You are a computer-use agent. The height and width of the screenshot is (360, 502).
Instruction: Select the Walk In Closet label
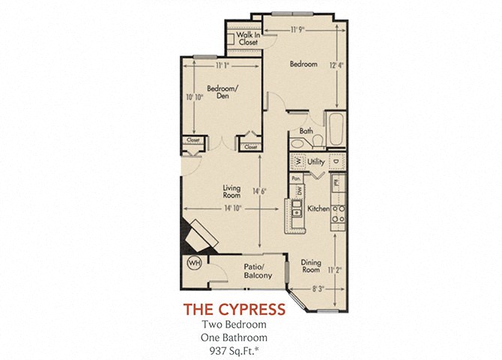click(248, 40)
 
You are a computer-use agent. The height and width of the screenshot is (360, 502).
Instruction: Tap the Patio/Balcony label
click(257, 271)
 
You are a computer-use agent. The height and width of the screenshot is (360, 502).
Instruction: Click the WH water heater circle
click(193, 264)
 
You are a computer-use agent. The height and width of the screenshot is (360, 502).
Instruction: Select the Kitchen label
click(318, 209)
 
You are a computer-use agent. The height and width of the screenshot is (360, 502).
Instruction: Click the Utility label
click(315, 161)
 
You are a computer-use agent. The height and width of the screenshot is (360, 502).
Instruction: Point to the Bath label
click(306, 130)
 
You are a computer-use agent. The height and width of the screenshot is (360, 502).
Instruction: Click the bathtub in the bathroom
click(333, 130)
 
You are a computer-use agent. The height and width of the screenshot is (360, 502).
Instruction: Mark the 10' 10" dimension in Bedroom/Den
click(196, 97)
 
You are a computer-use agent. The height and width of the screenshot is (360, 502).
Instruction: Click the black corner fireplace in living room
click(197, 235)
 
